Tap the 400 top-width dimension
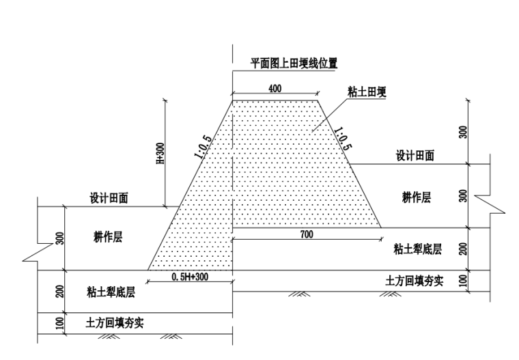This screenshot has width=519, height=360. pyautogui.click(x=275, y=89)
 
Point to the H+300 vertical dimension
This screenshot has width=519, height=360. pyautogui.click(x=160, y=154)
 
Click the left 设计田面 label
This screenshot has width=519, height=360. pyautogui.click(x=109, y=198)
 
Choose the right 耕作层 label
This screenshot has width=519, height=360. pyautogui.click(x=417, y=197)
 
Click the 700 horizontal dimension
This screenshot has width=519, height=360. pyautogui.click(x=307, y=234)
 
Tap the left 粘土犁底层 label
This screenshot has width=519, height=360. pyautogui.click(x=111, y=292)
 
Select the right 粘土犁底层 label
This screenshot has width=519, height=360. pyautogui.click(x=418, y=249)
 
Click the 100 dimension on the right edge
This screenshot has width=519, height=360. pyautogui.click(x=464, y=281)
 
